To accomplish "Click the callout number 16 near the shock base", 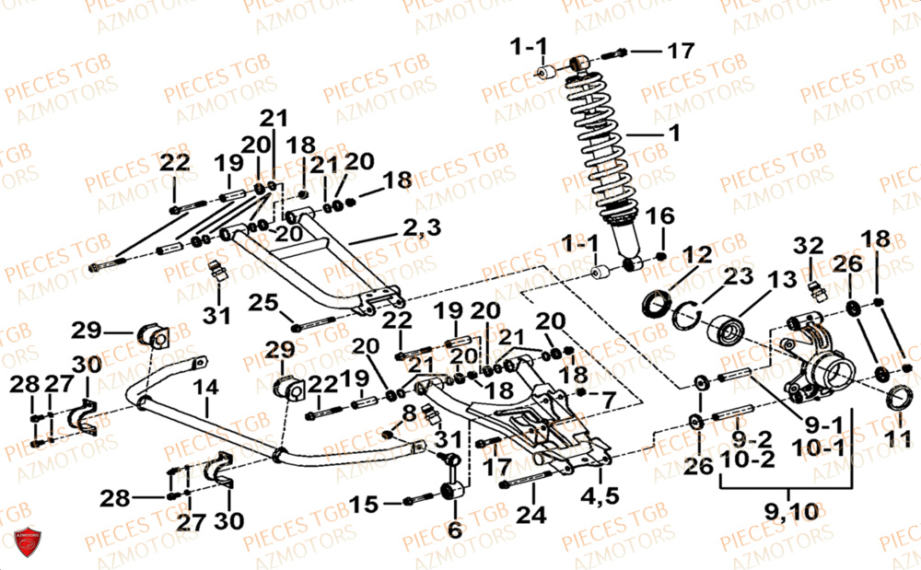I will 659,217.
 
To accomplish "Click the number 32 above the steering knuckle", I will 809,245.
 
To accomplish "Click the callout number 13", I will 781,279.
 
